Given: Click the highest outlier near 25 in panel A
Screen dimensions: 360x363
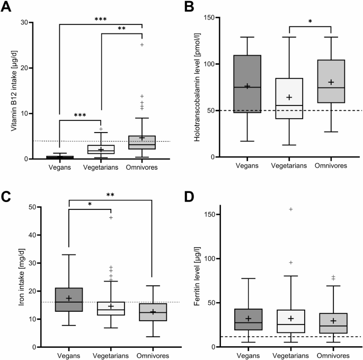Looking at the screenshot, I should click(142, 45).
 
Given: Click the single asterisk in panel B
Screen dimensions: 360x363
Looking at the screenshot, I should click(309, 22).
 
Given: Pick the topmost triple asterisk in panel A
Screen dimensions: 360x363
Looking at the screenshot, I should click(100, 19).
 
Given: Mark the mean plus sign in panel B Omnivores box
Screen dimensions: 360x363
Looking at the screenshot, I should click(332, 82).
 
